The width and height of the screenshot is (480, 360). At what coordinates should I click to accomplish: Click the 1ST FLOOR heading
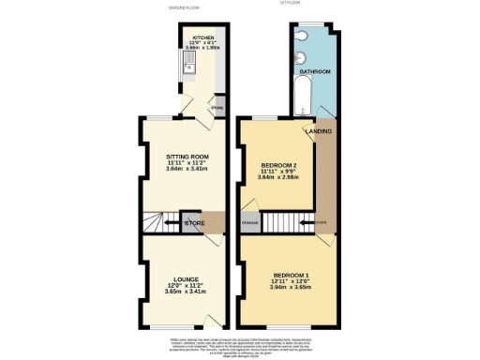(289, 3)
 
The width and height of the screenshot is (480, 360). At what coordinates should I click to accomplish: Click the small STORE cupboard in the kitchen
(217, 108)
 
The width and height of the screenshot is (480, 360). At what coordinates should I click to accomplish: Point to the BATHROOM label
(315, 72)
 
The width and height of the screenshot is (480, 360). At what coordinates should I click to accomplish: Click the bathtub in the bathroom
(303, 97)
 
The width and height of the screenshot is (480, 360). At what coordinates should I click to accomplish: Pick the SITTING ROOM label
(187, 156)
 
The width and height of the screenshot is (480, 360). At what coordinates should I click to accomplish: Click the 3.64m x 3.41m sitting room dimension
(187, 169)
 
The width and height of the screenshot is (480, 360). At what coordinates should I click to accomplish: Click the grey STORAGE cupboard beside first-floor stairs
(249, 222)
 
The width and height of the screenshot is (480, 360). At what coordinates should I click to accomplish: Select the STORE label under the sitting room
(195, 223)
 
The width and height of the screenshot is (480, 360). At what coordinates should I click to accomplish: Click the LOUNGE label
(186, 278)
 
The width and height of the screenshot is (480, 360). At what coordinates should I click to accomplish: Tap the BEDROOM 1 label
(283, 274)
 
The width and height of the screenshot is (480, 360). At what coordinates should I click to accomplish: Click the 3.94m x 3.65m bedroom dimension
(283, 287)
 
